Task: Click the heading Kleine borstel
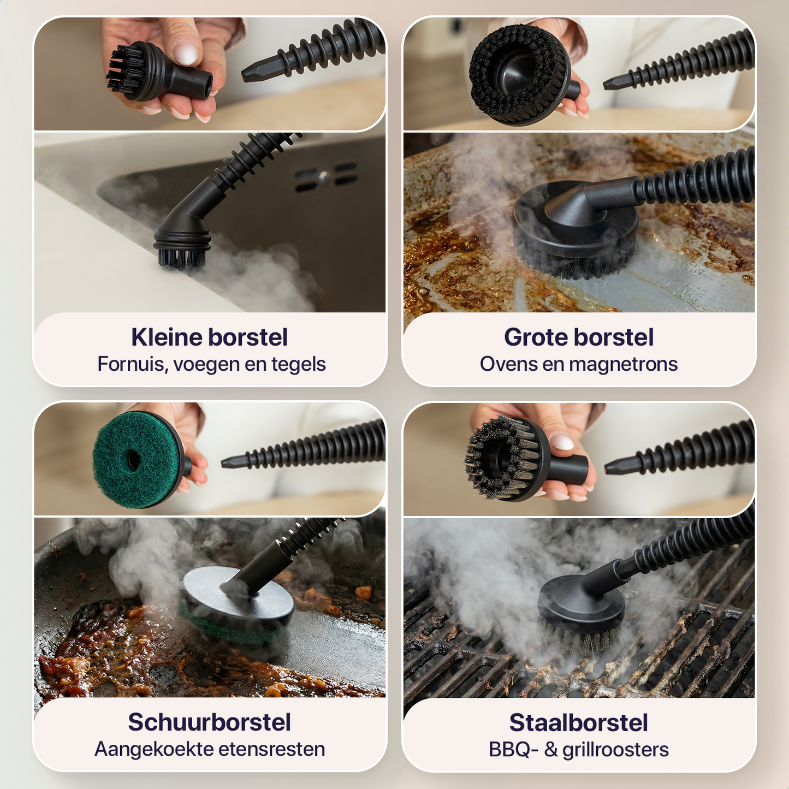pos(209,337)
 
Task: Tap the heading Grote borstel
pos(579,337)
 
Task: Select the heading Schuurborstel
pos(209,722)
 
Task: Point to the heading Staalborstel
pos(579,723)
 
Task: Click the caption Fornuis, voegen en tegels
pos(211,364)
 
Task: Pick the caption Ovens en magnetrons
pos(579,364)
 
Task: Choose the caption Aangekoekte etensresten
pos(210,749)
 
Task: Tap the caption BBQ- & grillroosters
pos(579,750)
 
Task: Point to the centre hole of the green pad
pos(134,459)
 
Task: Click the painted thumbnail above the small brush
pos(186,53)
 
